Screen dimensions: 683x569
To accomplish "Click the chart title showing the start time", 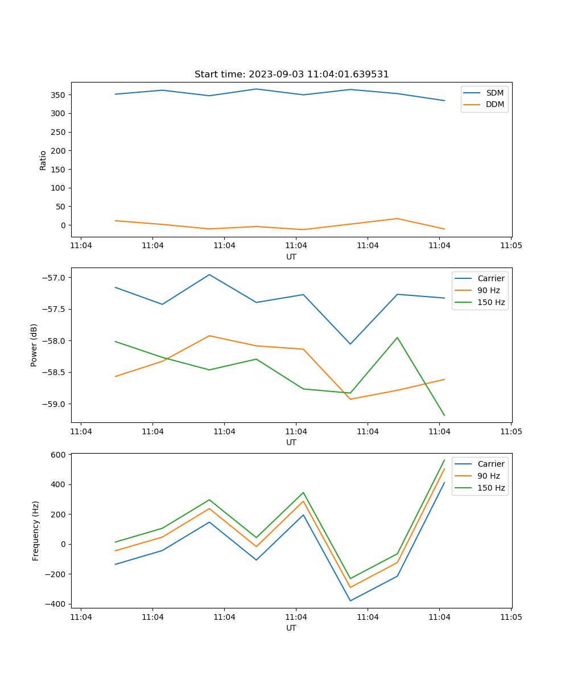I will pyautogui.click(x=291, y=75).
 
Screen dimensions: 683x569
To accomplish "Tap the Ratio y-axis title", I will pyautogui.click(x=43, y=160).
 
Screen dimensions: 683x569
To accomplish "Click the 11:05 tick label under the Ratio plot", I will pyautogui.click(x=510, y=246).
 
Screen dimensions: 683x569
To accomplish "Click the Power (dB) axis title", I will pyautogui.click(x=34, y=345).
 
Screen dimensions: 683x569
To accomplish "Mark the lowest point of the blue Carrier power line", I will pyautogui.click(x=350, y=344).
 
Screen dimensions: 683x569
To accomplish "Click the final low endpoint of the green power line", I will pyautogui.click(x=444, y=415).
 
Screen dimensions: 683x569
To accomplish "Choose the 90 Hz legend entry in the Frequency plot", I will pyautogui.click(x=488, y=476).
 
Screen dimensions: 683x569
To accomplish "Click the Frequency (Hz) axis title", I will pyautogui.click(x=35, y=530).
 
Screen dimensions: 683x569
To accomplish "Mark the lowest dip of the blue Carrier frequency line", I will pyautogui.click(x=350, y=600).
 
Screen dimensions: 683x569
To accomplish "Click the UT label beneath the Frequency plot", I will pyautogui.click(x=291, y=628).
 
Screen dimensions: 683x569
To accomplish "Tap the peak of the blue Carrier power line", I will pyautogui.click(x=209, y=274).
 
